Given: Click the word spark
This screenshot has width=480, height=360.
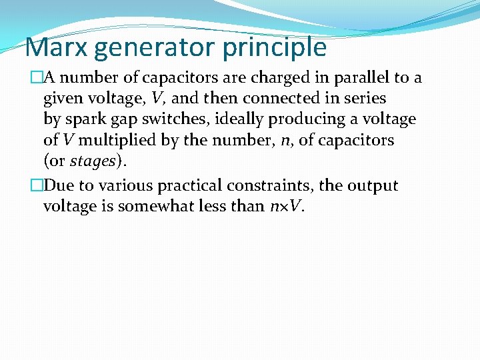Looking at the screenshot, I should pos(83,120).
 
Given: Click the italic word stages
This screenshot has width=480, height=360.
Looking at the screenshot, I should pos(93,162).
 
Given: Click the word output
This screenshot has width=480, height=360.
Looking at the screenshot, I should pos(372,186).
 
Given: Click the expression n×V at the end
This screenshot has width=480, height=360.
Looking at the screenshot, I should pos(286,207).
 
